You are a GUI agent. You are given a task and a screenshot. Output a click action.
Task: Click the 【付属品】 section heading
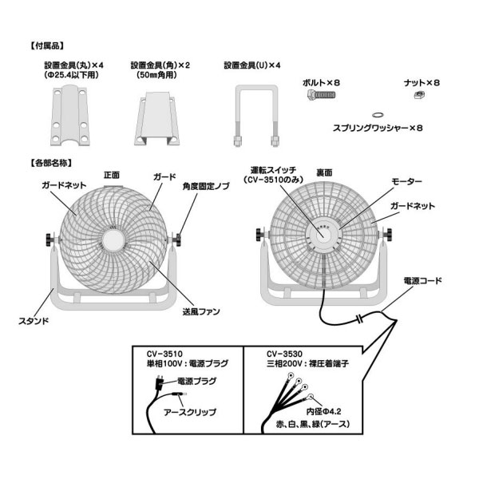[x=47, y=46]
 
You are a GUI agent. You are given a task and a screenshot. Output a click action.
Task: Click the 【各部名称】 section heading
[x=51, y=163]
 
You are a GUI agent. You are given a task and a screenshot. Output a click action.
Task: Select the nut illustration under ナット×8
[x=419, y=95]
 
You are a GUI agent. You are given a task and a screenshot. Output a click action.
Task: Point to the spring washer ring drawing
[x=378, y=115]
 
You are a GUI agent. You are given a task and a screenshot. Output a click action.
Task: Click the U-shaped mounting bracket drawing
[x=256, y=116]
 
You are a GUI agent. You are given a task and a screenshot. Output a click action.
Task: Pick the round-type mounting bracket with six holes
[x=70, y=116]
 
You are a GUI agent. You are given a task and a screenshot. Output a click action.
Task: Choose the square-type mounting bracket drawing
[x=156, y=118]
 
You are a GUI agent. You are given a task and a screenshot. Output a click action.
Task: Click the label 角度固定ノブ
[x=206, y=186]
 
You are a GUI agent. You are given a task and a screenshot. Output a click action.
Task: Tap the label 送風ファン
[x=201, y=311]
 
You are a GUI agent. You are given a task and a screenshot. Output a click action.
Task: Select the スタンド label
[x=34, y=321]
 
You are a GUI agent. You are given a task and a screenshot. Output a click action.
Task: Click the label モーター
[x=406, y=181]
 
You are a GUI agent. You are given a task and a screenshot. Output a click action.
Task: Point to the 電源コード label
[x=422, y=281]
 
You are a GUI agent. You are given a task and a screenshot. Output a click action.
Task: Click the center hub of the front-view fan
[x=113, y=240]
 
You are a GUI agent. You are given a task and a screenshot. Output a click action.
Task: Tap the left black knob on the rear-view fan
[x=260, y=235]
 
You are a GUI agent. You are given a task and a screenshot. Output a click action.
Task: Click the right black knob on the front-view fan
[x=177, y=239]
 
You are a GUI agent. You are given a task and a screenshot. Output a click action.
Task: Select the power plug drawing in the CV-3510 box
[x=159, y=382]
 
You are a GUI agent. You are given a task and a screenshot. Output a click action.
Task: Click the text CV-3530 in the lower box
[x=284, y=354]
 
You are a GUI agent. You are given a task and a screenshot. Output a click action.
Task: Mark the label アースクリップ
[x=190, y=412]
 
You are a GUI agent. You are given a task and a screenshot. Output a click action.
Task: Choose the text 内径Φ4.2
[x=324, y=411]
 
